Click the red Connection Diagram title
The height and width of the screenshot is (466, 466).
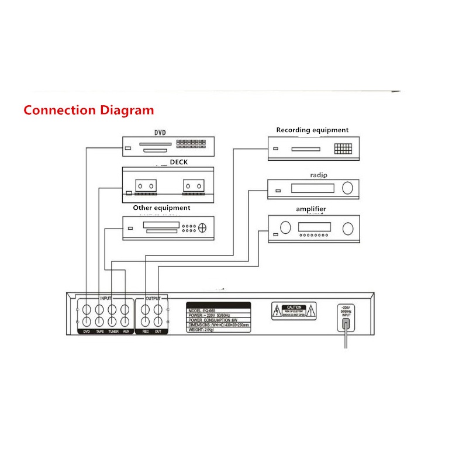point(89,110)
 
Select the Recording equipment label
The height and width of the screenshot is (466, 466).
point(312,130)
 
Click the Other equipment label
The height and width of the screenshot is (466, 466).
point(161,208)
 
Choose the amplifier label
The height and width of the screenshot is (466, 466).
point(310,209)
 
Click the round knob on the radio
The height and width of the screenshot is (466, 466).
point(348,188)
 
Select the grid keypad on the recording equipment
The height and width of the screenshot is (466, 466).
point(343,149)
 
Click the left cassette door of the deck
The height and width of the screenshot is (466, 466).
point(146,185)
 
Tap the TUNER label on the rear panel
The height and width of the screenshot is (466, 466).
point(113,332)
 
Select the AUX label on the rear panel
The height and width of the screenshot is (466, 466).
point(126,332)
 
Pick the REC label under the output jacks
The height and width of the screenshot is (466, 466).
point(146,332)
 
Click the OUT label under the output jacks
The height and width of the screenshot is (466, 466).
point(158,332)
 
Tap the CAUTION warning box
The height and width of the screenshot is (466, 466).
point(294,311)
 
